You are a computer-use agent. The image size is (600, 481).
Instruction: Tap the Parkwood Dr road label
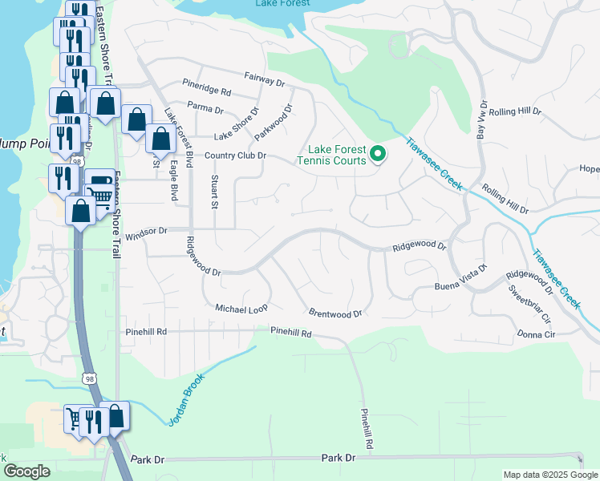tap(275, 119)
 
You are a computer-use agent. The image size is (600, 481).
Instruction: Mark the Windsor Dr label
tap(146, 230)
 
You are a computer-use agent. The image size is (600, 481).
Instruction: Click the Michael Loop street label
tap(241, 308)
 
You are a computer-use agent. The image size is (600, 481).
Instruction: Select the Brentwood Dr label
tap(334, 313)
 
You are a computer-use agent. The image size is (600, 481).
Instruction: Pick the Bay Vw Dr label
tap(482, 121)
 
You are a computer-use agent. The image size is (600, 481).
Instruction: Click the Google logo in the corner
tap(26, 471)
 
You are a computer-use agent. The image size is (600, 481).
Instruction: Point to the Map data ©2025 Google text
tap(549, 475)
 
